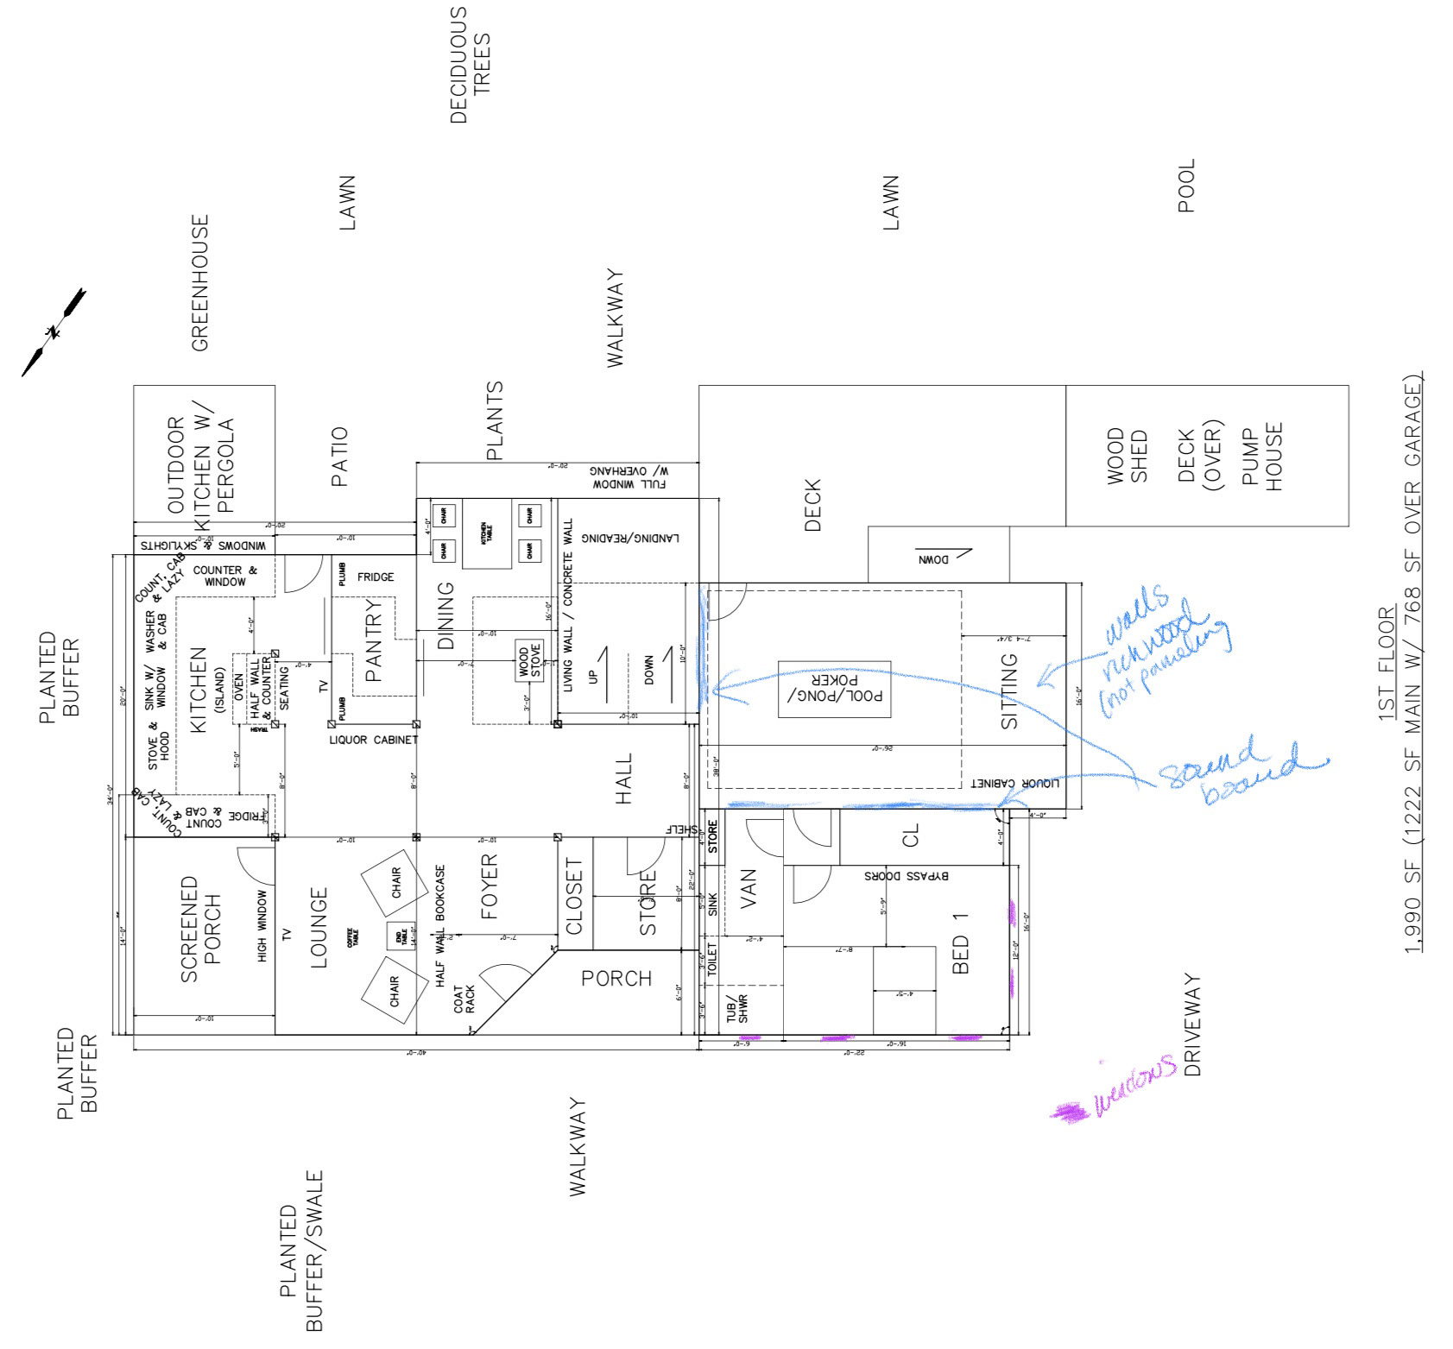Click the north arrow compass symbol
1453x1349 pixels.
[54, 332]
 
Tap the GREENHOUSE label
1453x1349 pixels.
[199, 283]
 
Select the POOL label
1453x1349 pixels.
[1186, 186]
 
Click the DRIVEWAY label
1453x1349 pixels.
[1192, 1025]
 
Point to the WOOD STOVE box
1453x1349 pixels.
[523, 662]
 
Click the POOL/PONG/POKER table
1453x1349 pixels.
[834, 689]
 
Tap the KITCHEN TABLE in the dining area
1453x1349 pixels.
[487, 533]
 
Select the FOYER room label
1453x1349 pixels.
[490, 886]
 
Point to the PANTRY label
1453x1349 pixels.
[373, 641]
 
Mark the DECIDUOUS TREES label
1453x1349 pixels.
[470, 66]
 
